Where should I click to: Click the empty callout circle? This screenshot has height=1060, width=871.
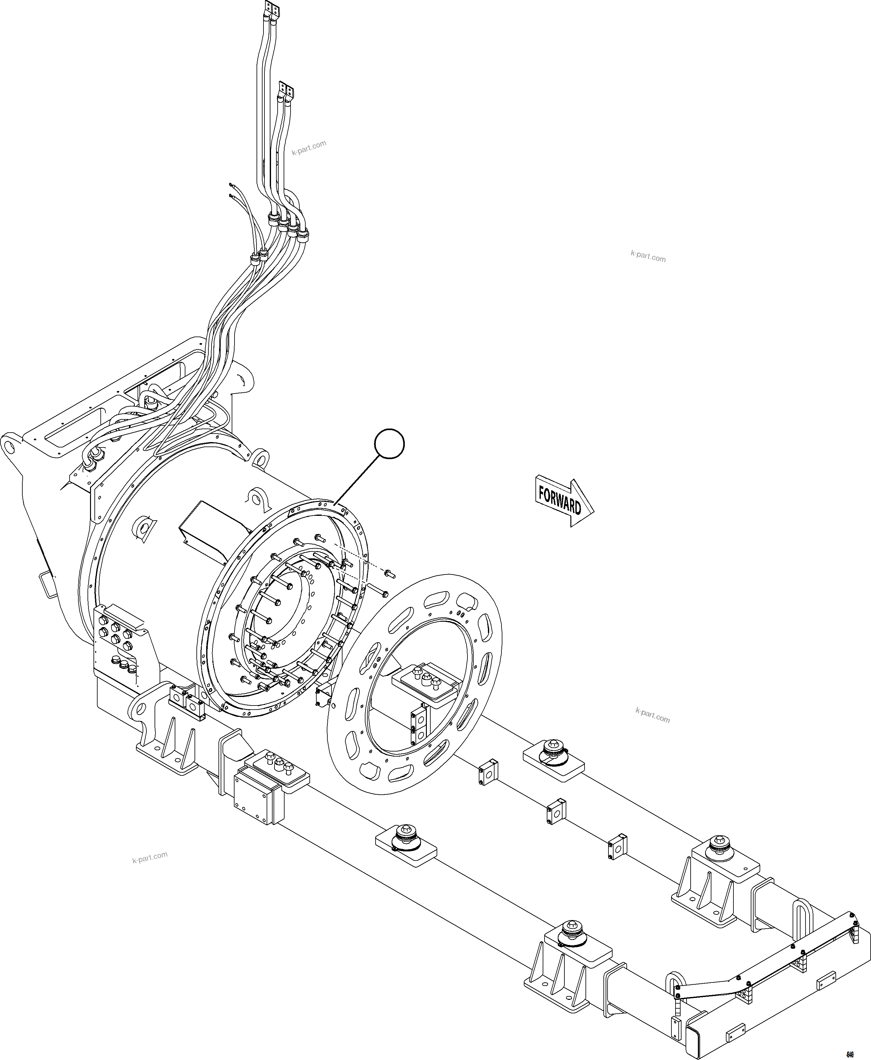coord(390,443)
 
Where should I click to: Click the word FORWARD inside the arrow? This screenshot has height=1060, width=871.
coord(559,500)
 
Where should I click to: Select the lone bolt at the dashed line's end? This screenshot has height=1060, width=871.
coord(390,573)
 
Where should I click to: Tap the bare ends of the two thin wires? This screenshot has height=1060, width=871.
coord(230,190)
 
